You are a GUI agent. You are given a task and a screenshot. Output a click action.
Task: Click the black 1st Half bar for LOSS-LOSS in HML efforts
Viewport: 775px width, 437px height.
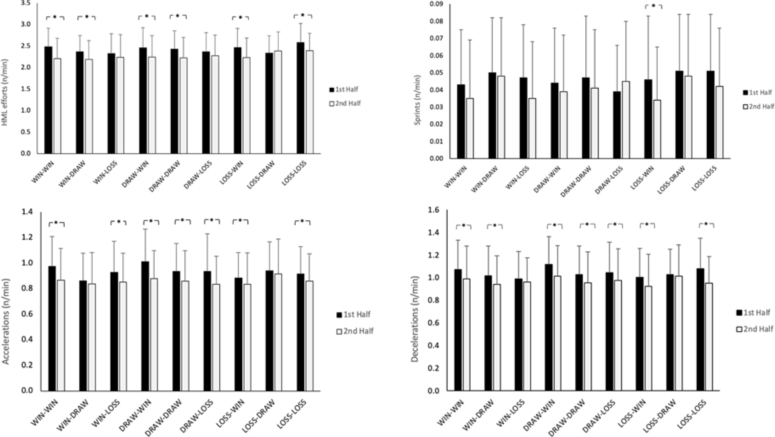[301, 98]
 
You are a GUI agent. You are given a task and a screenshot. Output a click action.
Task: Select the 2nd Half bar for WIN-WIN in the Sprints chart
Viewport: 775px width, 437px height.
[470, 128]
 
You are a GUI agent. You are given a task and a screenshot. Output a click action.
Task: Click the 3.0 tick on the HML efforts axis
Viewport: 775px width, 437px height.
[26, 24]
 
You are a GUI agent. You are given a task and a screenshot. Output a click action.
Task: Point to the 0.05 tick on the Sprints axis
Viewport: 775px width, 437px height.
[437, 73]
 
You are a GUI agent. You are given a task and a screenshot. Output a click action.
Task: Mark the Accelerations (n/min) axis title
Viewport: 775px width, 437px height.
[6, 321]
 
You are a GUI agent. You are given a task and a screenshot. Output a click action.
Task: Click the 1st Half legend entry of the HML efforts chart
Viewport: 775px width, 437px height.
[344, 89]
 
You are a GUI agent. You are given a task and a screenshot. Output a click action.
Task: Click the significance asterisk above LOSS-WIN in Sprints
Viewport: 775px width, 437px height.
[653, 6]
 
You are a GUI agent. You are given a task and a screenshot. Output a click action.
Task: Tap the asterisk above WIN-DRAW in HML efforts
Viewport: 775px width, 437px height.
[87, 17]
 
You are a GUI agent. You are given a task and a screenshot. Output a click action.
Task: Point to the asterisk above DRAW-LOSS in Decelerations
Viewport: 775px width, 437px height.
[615, 224]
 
